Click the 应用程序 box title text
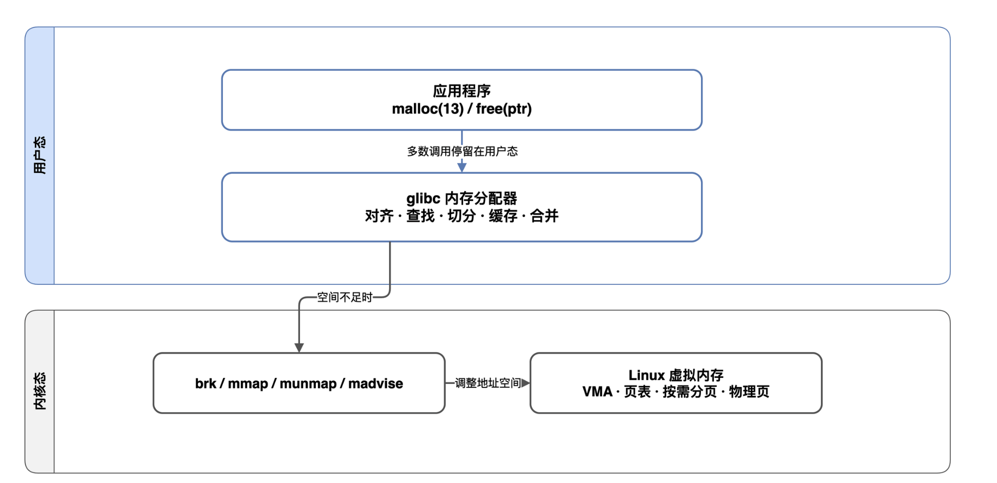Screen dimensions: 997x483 462,91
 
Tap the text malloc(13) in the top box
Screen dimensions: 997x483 428,109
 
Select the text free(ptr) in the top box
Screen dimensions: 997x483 503,109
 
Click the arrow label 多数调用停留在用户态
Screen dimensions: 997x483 462,151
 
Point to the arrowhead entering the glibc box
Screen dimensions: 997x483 462,168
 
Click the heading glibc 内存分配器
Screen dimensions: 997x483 462,198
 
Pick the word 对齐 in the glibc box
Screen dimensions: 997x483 379,216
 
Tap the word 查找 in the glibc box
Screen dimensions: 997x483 420,216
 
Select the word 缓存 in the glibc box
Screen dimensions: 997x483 503,216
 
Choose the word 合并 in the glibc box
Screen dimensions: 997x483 544,216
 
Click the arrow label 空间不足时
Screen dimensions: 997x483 345,297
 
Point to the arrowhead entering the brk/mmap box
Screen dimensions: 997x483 299,348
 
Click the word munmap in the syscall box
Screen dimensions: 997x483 308,383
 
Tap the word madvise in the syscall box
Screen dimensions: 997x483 376,383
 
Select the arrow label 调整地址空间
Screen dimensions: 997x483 488,383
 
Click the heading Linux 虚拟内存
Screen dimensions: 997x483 676,375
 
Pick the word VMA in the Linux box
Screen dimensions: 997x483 598,392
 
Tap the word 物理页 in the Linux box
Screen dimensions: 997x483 749,392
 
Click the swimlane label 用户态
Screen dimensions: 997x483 40,155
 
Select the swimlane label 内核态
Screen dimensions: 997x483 40,391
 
